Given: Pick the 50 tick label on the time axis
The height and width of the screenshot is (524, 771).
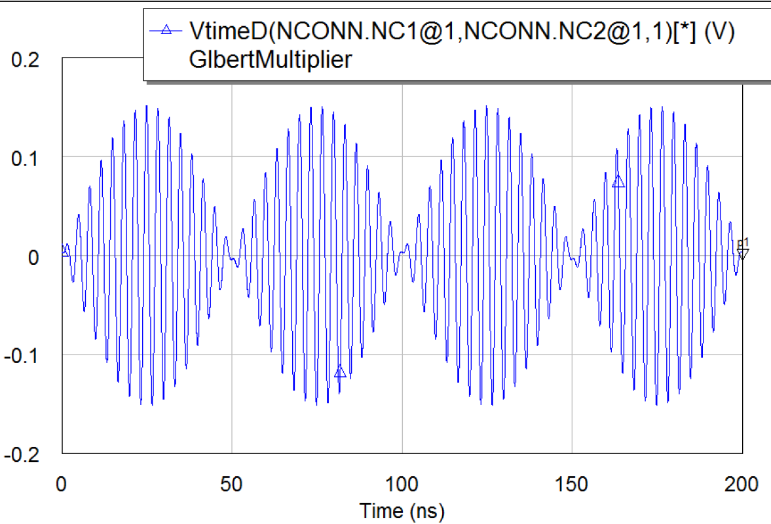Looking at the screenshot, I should (x=232, y=485).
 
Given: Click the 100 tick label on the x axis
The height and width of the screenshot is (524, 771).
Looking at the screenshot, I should (x=402, y=485).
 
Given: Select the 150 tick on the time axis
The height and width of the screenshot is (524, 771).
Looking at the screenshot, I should (x=572, y=485).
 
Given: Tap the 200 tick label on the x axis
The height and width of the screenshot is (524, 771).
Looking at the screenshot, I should (x=742, y=485).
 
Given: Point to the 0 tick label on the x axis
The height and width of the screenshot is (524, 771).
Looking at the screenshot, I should (x=62, y=485).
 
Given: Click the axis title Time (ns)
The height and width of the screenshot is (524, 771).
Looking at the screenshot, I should (x=402, y=509).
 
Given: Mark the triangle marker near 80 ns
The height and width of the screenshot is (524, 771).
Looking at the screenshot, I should (x=340, y=372).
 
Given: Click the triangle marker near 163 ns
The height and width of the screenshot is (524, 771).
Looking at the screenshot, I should (x=618, y=182).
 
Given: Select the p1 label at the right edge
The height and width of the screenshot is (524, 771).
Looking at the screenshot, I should (x=743, y=242).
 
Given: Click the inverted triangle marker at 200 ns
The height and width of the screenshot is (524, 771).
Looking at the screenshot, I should (x=742, y=253).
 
